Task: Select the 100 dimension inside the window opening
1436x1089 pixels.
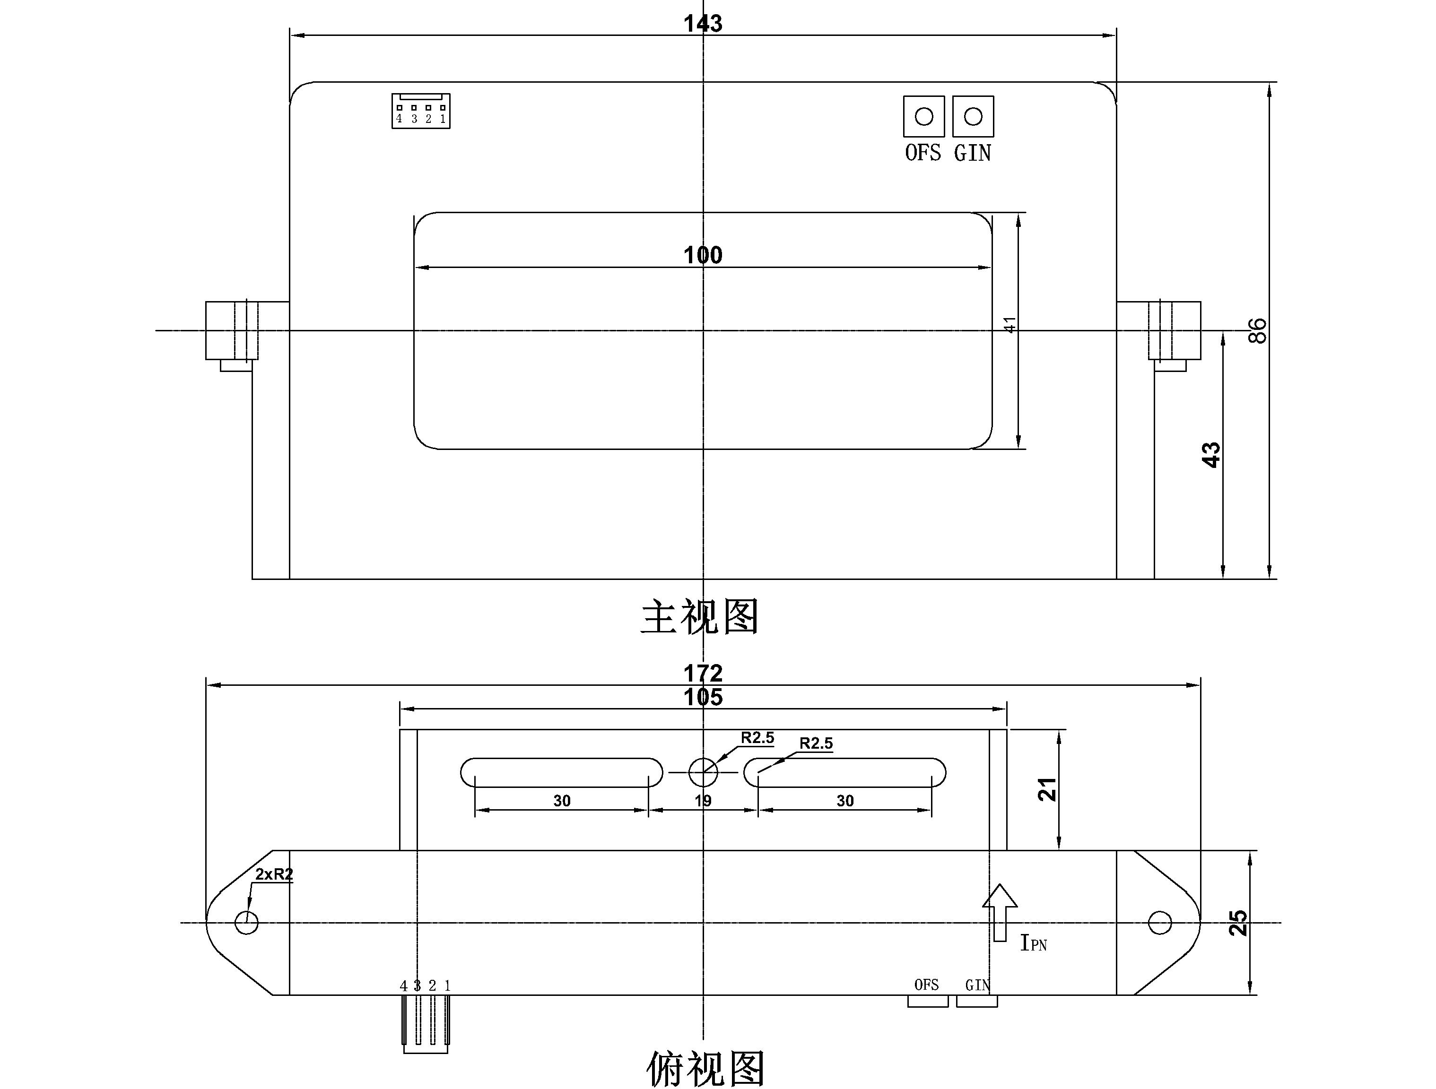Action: pos(703,255)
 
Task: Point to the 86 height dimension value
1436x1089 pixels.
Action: pos(1257,330)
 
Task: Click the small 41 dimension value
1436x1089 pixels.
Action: pos(1010,325)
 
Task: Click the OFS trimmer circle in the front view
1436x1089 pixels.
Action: pos(924,117)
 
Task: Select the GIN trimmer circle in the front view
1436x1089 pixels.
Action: pos(973,117)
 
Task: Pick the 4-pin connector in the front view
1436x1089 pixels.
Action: pos(421,111)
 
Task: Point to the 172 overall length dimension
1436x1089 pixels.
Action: pos(703,673)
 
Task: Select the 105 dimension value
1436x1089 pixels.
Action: pos(703,698)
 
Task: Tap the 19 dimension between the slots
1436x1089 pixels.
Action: pos(703,801)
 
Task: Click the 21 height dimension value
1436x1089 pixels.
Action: pos(1047,789)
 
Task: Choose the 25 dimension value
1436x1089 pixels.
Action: pos(1238,923)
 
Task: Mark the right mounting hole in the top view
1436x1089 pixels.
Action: pos(1159,922)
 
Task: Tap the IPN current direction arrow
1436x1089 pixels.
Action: pos(1000,912)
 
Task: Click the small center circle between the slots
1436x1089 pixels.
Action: pos(703,772)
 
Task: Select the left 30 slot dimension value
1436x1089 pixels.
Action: pos(562,801)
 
